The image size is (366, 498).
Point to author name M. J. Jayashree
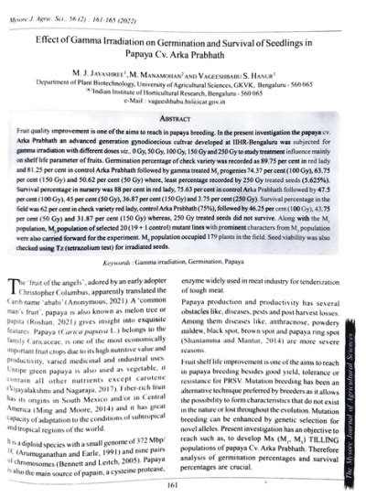coord(96,78)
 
